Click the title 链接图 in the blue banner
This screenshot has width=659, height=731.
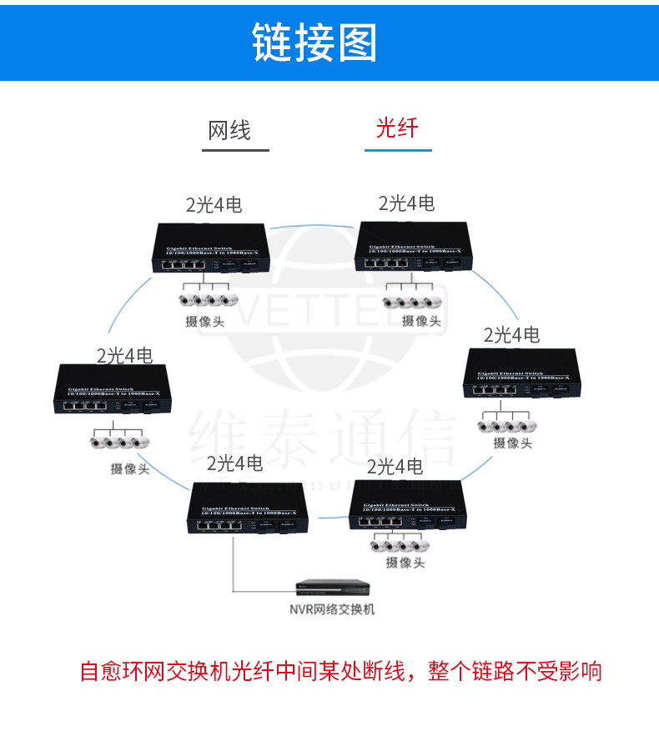point(314,43)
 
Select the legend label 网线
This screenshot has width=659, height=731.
point(229,130)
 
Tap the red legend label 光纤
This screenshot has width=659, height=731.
point(397,128)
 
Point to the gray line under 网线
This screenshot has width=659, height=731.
point(235,150)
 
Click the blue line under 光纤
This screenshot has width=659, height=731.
point(398,150)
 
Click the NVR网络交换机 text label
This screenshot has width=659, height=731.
point(332,609)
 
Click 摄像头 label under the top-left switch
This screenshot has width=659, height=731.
point(205,321)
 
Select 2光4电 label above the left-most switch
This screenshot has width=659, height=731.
point(125,356)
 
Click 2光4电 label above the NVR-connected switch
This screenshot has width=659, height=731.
point(234,463)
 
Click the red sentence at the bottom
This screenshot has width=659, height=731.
point(340,671)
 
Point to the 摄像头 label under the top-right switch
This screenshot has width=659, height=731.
point(422,321)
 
